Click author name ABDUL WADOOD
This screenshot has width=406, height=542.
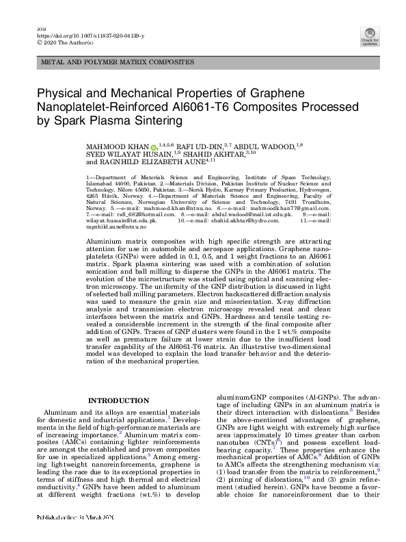(x=267, y=147)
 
